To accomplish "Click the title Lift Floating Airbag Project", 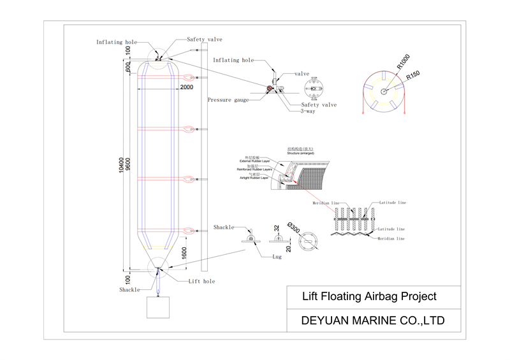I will click(369, 296).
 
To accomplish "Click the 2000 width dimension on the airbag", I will click(186, 87).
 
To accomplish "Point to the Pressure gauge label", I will click(227, 99).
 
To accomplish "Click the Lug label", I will click(277, 257).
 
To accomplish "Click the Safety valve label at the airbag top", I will click(204, 40).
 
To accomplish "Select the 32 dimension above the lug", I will click(277, 227).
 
